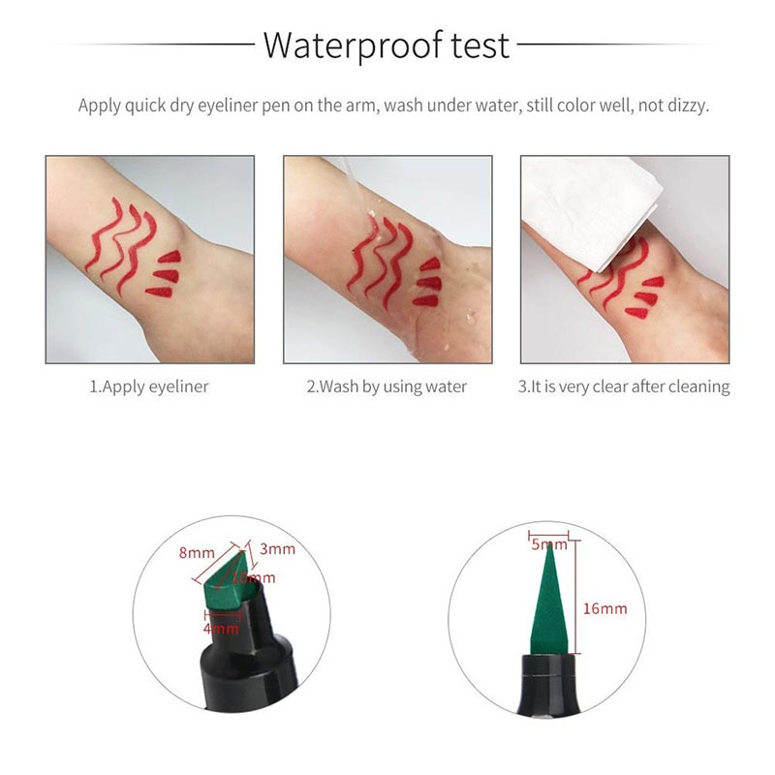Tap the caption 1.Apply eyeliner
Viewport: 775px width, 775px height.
click(149, 387)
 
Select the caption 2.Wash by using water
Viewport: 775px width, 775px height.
click(387, 387)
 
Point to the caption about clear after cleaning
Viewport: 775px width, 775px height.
click(624, 387)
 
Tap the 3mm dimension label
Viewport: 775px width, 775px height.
click(278, 549)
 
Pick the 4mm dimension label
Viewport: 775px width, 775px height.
click(221, 629)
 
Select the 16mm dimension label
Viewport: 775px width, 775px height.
click(606, 608)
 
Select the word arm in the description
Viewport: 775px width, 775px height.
click(360, 106)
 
